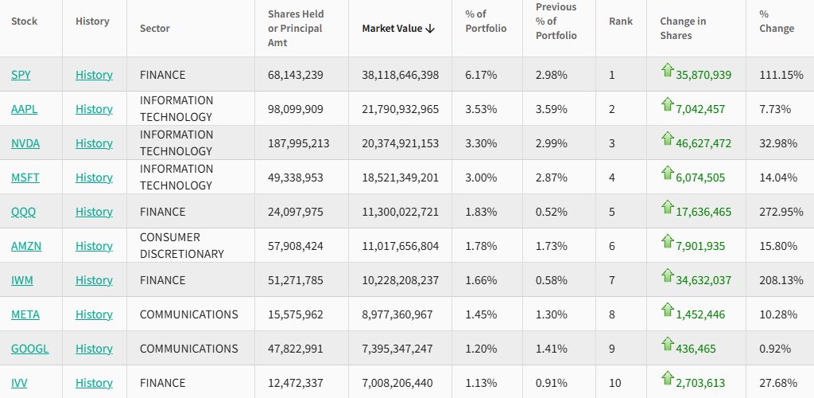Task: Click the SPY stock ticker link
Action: pyautogui.click(x=21, y=75)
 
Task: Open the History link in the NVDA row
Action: pyautogui.click(x=94, y=143)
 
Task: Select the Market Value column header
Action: pyautogui.click(x=393, y=29)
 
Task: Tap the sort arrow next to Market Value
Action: pyautogui.click(x=430, y=29)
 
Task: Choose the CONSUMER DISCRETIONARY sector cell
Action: pyautogui.click(x=181, y=246)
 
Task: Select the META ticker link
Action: pyautogui.click(x=25, y=314)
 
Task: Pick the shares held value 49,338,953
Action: pyautogui.click(x=296, y=178)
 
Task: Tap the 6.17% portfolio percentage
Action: pyautogui.click(x=481, y=75)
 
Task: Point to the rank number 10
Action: pyautogui.click(x=614, y=383)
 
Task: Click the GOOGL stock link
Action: pyautogui.click(x=29, y=349)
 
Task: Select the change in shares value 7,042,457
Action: pyautogui.click(x=700, y=109)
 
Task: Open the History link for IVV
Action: pyautogui.click(x=94, y=383)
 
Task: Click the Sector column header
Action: pyautogui.click(x=155, y=29)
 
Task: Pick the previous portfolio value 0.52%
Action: pyautogui.click(x=551, y=212)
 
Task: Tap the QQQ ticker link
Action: pyautogui.click(x=23, y=212)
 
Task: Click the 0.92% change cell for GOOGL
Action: pyautogui.click(x=775, y=349)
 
